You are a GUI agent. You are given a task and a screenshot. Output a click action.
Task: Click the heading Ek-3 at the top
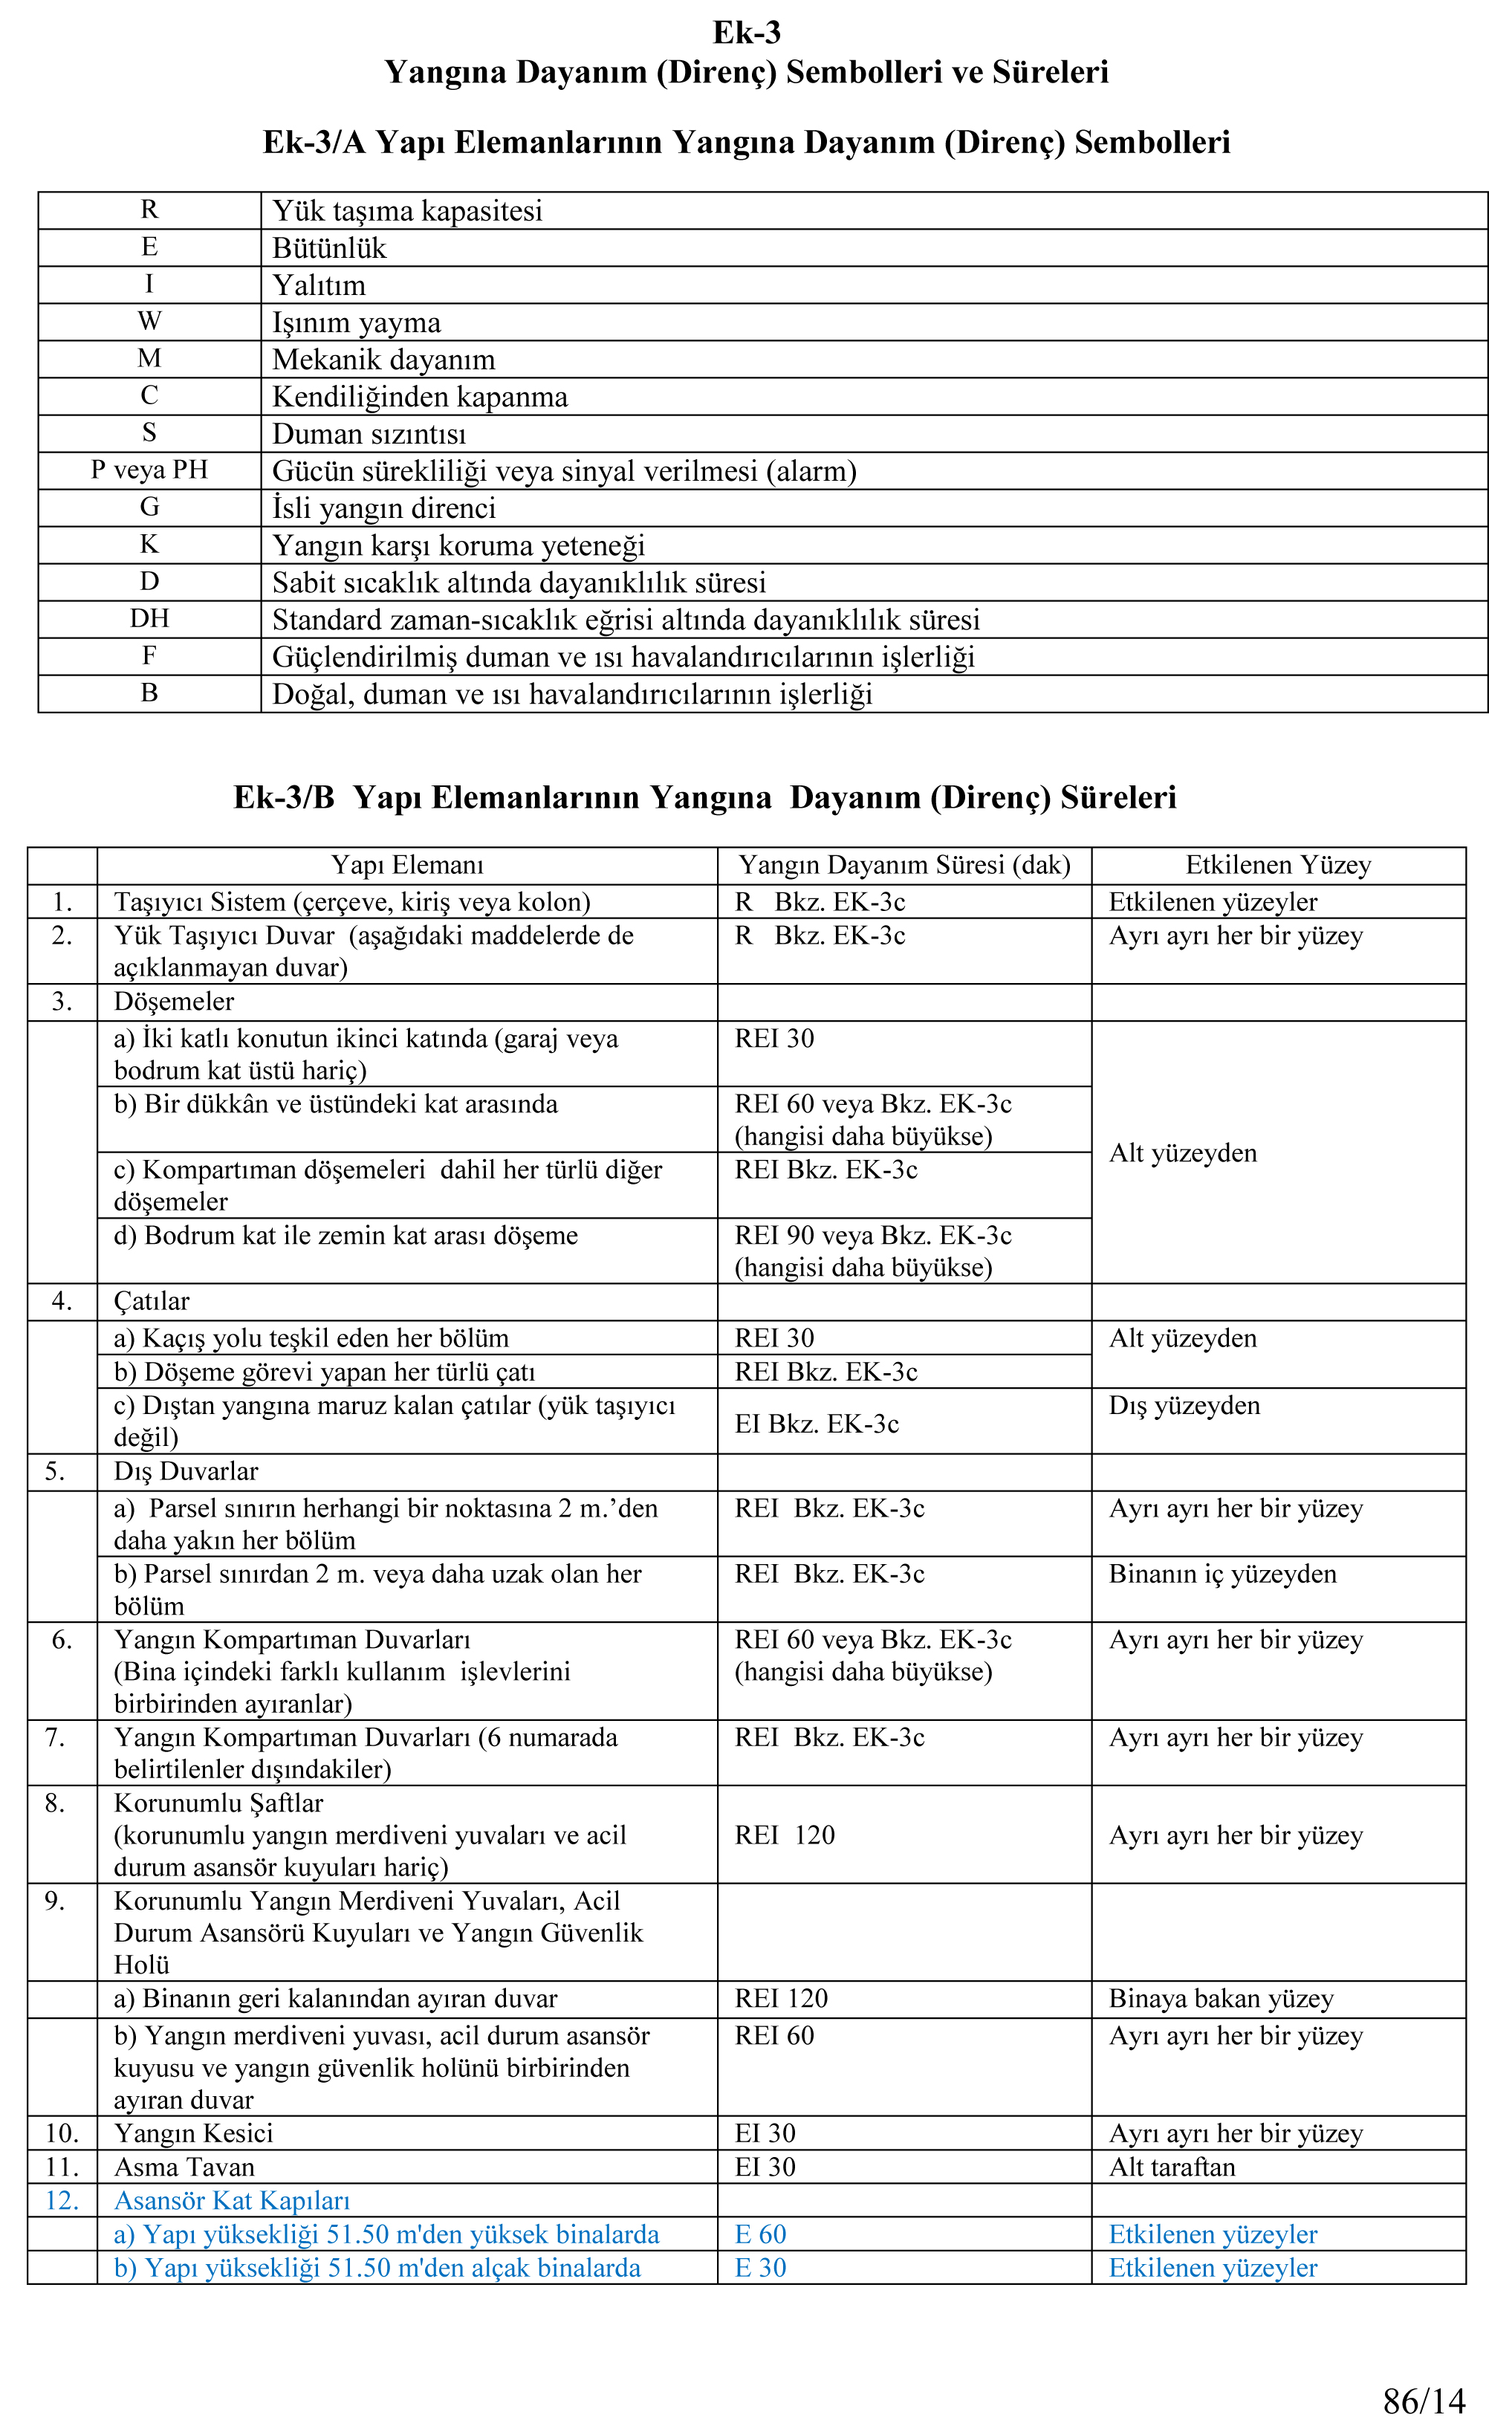click(x=746, y=33)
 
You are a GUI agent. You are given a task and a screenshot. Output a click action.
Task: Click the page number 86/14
click(x=1424, y=2400)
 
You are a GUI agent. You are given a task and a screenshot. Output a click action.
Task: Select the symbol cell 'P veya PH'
click(x=149, y=470)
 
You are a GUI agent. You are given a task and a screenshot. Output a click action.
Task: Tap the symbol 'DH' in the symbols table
click(x=149, y=619)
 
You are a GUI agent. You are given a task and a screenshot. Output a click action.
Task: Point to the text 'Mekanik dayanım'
click(x=384, y=360)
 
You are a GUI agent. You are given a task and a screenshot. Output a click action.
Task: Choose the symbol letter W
click(x=149, y=321)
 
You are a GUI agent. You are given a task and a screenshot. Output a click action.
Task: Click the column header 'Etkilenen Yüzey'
click(x=1278, y=866)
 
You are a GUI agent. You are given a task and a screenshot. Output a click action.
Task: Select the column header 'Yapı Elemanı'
click(x=407, y=866)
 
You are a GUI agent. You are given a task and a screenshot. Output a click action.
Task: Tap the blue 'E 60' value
click(x=760, y=2234)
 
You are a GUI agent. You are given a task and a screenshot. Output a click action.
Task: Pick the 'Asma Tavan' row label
click(x=184, y=2167)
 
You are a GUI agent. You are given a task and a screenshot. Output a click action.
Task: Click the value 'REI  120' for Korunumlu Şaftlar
click(x=785, y=1835)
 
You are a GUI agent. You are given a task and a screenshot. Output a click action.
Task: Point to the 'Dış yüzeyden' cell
click(x=1184, y=1406)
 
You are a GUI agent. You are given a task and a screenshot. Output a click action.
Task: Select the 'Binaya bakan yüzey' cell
click(x=1221, y=1999)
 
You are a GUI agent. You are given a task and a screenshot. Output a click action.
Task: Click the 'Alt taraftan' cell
click(x=1171, y=2167)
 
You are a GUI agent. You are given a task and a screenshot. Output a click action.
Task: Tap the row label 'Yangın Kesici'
click(x=193, y=2133)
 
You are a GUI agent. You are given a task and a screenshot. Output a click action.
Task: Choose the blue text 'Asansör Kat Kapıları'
click(x=232, y=2200)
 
